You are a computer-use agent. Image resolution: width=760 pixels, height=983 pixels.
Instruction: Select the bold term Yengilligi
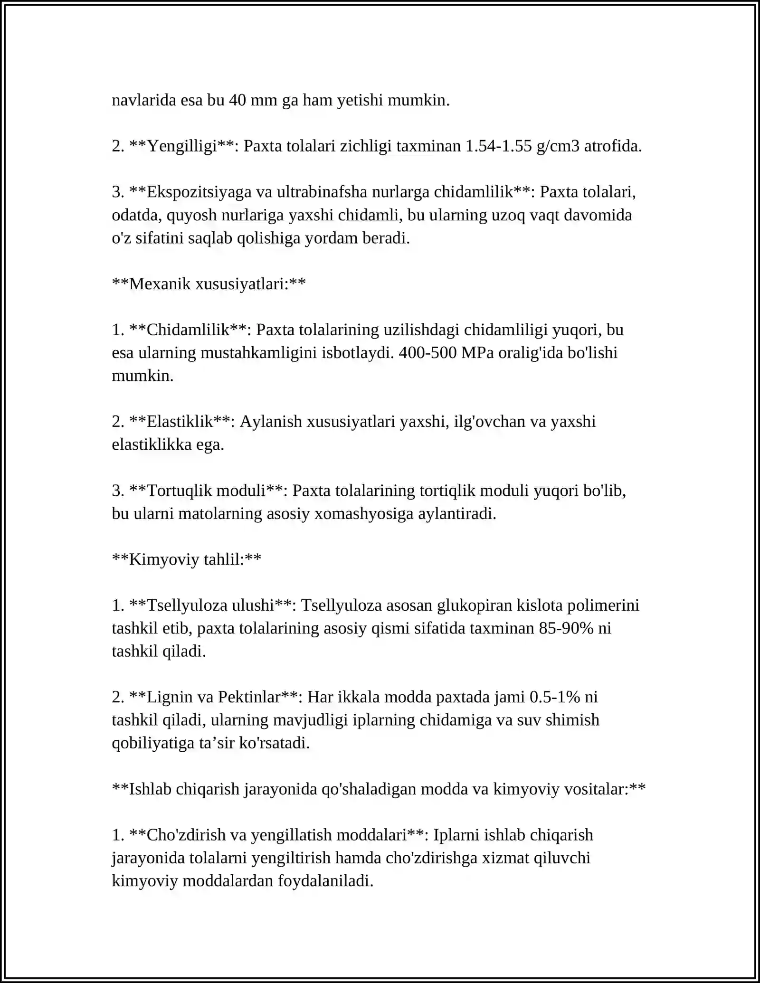(x=182, y=146)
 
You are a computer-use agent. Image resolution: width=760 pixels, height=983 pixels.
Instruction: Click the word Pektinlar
(x=249, y=697)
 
